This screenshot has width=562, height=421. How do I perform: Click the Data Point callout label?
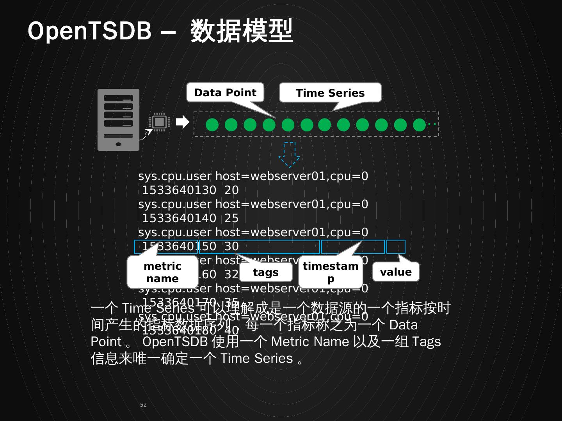225,93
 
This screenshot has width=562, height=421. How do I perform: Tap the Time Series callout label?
330,93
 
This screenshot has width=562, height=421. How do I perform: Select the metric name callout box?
162,272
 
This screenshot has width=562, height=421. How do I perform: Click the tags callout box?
266,272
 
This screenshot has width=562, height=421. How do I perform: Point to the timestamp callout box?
331,272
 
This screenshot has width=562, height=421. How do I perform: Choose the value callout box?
396,272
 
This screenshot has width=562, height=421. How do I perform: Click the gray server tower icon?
118,120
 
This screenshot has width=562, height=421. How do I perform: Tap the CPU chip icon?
159,122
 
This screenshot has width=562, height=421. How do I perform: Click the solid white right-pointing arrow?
182,122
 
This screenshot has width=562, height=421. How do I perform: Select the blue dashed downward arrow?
289,154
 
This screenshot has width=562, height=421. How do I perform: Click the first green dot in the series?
212,125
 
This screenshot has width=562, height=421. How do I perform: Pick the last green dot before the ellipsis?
419,125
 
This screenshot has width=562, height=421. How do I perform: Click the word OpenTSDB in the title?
89,31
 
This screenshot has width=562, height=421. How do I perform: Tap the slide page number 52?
143,405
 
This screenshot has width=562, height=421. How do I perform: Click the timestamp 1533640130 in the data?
179,190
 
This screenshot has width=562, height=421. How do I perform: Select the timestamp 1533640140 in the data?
179,218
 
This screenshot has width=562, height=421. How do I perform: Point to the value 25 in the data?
231,218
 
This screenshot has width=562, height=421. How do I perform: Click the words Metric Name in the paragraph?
310,342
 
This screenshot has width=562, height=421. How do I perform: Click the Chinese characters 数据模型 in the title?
242,31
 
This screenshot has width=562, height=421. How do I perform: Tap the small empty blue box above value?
396,247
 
